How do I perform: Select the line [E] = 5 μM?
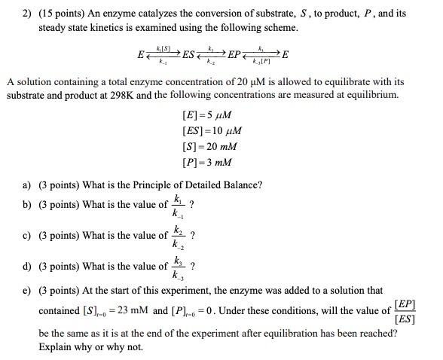pyautogui.click(x=206, y=116)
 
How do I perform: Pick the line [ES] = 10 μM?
pyautogui.click(x=212, y=131)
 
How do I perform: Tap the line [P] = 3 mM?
pyautogui.click(x=207, y=162)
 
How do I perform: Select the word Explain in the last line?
pyautogui.click(x=57, y=347)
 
